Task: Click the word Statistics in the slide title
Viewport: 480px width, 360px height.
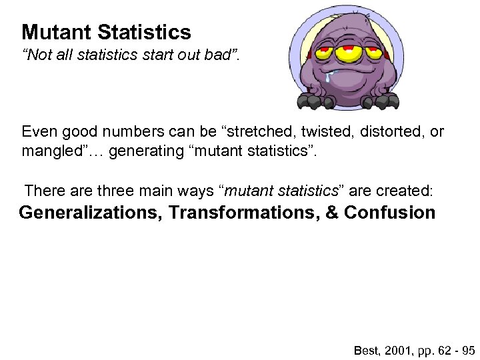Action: tap(144, 32)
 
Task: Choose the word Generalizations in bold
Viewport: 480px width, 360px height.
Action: tap(91, 213)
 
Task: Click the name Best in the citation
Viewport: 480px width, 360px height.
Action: tap(365, 349)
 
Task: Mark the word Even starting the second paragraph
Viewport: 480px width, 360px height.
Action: tap(37, 132)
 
